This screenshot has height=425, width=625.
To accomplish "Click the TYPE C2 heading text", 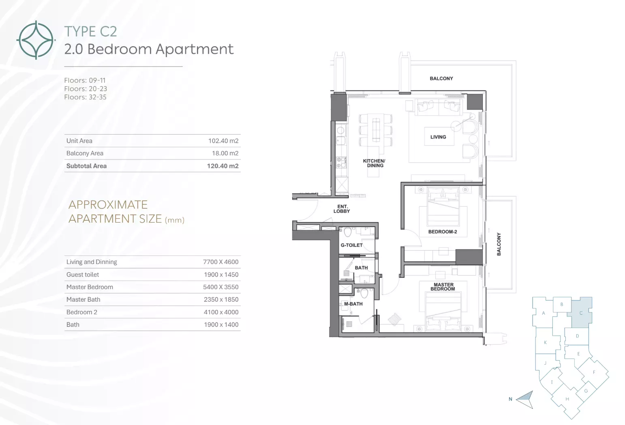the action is (x=91, y=31).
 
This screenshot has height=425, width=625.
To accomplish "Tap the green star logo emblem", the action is (x=36, y=40).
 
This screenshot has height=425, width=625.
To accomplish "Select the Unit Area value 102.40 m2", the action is (x=223, y=141).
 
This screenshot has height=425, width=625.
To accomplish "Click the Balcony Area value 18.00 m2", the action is (x=225, y=153).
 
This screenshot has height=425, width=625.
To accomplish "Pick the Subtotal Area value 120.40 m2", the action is (x=223, y=166).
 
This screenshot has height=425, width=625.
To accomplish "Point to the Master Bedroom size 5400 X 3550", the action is (x=221, y=287).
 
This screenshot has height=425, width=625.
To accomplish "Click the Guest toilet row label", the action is (x=83, y=275).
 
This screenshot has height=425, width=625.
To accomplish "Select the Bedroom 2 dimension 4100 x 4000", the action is (x=221, y=312).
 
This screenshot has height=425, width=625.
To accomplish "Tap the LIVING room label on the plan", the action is (x=438, y=137).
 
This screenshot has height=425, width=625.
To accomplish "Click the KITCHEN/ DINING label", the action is (x=374, y=163).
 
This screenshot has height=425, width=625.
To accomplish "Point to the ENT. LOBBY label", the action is (x=342, y=209).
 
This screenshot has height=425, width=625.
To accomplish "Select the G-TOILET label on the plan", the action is (x=351, y=245).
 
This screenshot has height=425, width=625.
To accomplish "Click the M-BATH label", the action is (x=353, y=304).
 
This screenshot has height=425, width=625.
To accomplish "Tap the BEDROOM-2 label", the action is (x=443, y=232).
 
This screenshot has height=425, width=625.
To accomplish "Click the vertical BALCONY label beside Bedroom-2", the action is (x=499, y=244).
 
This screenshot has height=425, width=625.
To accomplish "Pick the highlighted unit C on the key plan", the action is (x=582, y=312).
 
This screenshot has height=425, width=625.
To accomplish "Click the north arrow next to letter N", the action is (x=525, y=399).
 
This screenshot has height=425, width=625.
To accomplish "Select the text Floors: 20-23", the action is (x=86, y=89).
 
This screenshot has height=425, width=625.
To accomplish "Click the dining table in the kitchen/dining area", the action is (x=376, y=130).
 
